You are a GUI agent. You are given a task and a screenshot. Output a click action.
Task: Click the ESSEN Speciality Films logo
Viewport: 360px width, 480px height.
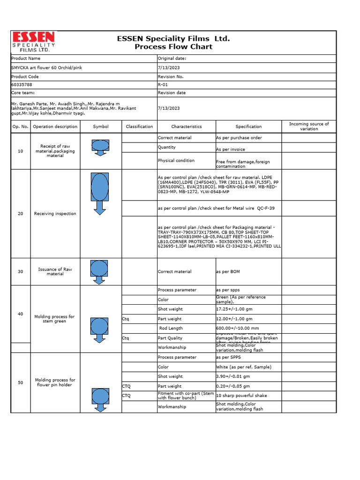(x=33, y=42)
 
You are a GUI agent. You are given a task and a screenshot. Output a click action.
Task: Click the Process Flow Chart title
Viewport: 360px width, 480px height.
(x=173, y=46)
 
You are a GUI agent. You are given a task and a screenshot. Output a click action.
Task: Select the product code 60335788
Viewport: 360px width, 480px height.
(x=22, y=85)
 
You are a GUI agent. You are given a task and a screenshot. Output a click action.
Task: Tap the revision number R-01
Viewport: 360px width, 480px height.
(x=163, y=85)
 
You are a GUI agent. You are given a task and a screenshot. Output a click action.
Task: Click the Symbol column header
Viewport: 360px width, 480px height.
(x=100, y=127)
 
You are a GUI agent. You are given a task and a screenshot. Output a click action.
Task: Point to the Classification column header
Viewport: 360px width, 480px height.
(x=139, y=127)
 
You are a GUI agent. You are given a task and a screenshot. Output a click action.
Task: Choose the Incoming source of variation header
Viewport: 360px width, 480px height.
(x=309, y=127)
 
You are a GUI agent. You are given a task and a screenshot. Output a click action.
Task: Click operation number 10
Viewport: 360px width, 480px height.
(x=20, y=151)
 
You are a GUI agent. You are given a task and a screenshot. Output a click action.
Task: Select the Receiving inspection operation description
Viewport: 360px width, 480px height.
(x=55, y=214)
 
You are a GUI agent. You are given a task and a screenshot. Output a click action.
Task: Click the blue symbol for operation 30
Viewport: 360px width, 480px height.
(x=99, y=270)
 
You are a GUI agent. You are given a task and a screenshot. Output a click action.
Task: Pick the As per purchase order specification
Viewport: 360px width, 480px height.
(x=239, y=138)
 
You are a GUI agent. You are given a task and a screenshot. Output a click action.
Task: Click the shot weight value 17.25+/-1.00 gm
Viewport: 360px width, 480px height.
(x=235, y=309)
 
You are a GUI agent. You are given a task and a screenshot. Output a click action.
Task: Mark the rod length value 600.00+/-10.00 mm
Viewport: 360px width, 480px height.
(x=237, y=329)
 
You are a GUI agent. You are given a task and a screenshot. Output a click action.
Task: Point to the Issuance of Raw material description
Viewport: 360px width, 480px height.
(x=55, y=271)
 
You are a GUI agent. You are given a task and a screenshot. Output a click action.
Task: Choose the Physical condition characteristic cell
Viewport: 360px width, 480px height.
(x=176, y=160)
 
